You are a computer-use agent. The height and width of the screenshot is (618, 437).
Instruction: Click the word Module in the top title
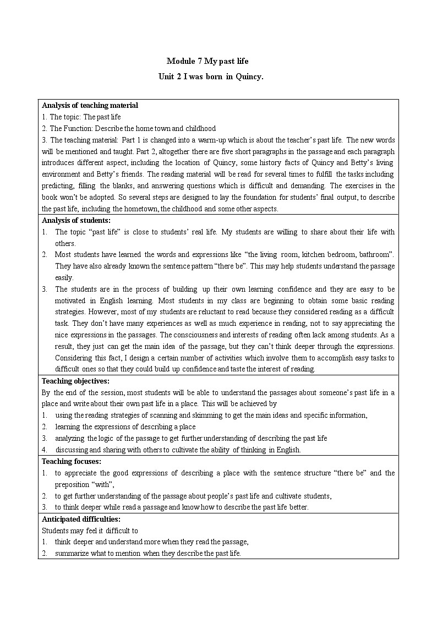click(x=179, y=61)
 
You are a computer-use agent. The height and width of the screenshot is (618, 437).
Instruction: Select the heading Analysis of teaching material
click(x=90, y=105)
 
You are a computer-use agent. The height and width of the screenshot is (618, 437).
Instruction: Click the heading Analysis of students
click(x=76, y=220)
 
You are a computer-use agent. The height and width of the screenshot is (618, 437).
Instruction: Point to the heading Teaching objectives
click(x=75, y=381)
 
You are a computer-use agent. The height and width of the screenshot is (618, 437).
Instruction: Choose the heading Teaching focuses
click(x=72, y=461)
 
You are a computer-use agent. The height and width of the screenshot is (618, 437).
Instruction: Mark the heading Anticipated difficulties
click(x=81, y=519)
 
